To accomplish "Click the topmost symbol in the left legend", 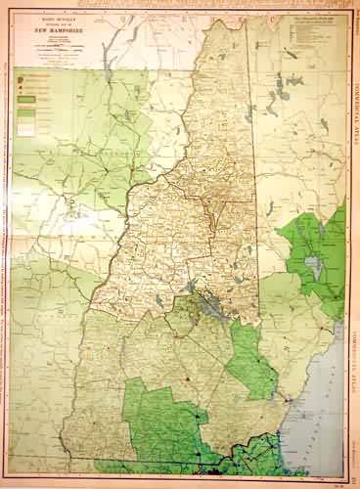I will (22, 74).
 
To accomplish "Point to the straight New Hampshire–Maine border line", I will (257, 176).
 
